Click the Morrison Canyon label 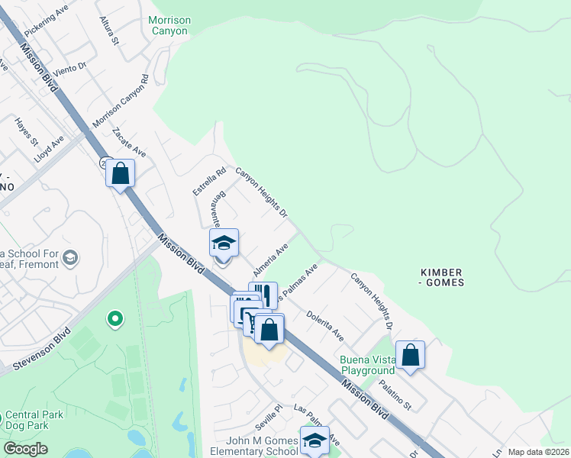click(169, 25)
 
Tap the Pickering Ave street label click(46, 22)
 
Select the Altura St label click(110, 31)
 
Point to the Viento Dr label click(73, 62)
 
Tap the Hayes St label click(25, 131)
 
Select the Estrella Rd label click(209, 182)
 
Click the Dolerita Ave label click(325, 325)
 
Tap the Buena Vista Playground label click(367, 365)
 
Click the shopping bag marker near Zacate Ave click(121, 173)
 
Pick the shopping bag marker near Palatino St click(410, 354)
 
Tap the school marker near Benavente click(224, 243)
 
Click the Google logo click(25, 449)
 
